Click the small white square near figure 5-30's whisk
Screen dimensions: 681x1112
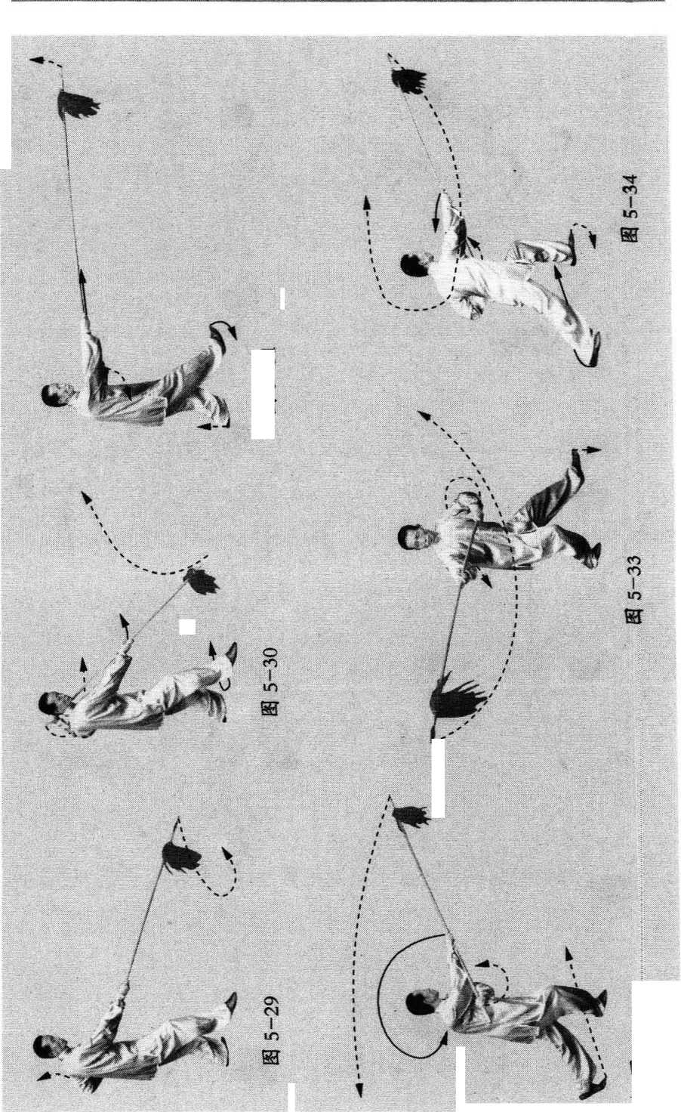187,626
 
